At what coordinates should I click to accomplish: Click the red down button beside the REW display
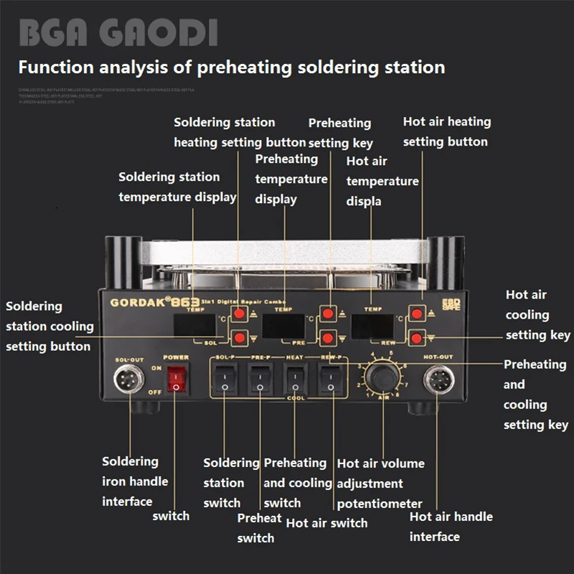click(416, 337)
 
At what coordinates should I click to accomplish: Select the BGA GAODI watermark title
click(118, 34)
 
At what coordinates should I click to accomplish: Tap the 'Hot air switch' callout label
click(326, 523)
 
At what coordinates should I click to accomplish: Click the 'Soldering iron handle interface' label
click(134, 481)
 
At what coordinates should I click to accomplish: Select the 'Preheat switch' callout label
click(258, 527)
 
